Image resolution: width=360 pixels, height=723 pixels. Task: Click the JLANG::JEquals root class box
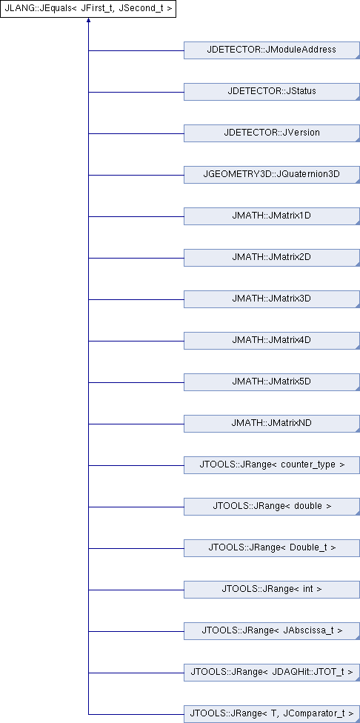pyautogui.click(x=88, y=9)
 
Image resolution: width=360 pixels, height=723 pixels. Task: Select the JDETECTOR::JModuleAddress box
pyautogui.click(x=272, y=50)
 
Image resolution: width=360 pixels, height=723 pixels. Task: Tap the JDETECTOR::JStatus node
pyautogui.click(x=272, y=92)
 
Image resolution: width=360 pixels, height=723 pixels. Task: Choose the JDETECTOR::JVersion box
pyautogui.click(x=272, y=133)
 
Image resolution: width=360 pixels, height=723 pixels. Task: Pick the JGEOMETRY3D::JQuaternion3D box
pyautogui.click(x=272, y=175)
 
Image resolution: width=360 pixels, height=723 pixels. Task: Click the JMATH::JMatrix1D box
pyautogui.click(x=272, y=216)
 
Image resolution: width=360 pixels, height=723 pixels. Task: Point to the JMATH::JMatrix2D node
pyautogui.click(x=272, y=258)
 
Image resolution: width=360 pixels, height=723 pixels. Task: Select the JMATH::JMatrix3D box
pyautogui.click(x=272, y=299)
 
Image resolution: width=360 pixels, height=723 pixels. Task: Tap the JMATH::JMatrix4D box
pyautogui.click(x=272, y=341)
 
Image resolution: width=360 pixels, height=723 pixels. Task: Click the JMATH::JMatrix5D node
pyautogui.click(x=272, y=382)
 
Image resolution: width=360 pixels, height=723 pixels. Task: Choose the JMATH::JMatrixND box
pyautogui.click(x=272, y=424)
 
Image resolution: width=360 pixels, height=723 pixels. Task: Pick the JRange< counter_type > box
pyautogui.click(x=272, y=465)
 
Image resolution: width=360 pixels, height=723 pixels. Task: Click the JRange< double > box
pyautogui.click(x=272, y=507)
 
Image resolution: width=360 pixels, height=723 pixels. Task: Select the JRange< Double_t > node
pyautogui.click(x=272, y=548)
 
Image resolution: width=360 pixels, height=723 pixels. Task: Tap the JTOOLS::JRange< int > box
pyautogui.click(x=272, y=590)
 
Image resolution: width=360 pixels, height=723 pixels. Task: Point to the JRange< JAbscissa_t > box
pyautogui.click(x=272, y=631)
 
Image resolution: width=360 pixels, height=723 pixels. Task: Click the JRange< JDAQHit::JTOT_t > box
pyautogui.click(x=272, y=673)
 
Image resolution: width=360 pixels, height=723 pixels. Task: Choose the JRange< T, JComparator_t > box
pyautogui.click(x=272, y=714)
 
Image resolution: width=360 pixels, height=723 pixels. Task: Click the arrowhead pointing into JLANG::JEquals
pyautogui.click(x=88, y=21)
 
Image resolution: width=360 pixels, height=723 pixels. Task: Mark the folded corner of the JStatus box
pyautogui.click(x=357, y=99)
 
